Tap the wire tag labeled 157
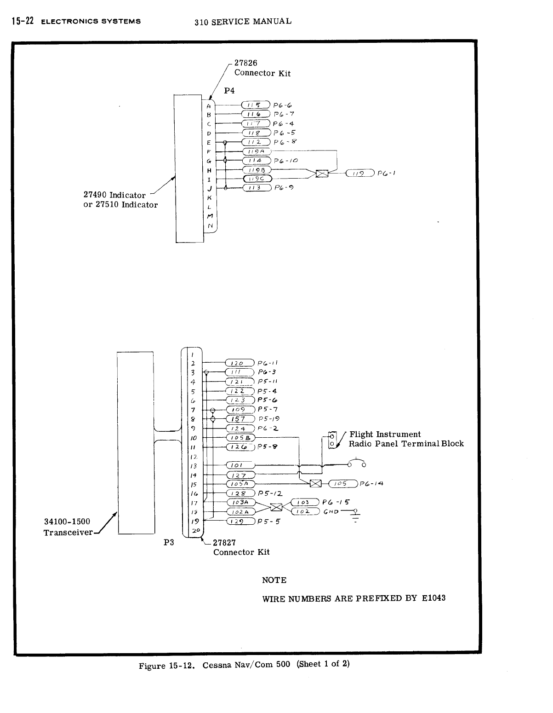[240, 419]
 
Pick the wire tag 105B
[240, 437]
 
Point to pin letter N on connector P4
[210, 226]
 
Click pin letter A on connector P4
[209, 105]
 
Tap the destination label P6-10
[286, 161]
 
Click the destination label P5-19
[269, 419]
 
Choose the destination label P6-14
[371, 483]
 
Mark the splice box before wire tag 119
[322, 174]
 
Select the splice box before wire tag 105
[315, 483]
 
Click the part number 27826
[245, 63]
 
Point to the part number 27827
[224, 543]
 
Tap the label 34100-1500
[67, 522]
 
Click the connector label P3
[169, 543]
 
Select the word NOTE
[274, 580]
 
